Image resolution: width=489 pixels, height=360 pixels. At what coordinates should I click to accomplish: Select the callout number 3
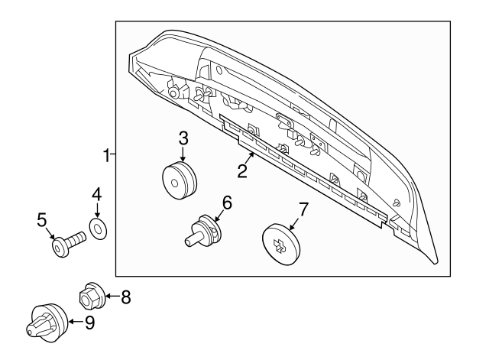point(183,138)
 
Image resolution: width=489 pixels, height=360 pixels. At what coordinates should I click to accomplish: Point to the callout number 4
point(97,196)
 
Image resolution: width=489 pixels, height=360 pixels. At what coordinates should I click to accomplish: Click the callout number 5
point(42,221)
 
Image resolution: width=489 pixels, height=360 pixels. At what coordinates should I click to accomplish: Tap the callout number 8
point(125,297)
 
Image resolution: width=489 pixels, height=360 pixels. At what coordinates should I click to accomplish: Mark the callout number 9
point(89,323)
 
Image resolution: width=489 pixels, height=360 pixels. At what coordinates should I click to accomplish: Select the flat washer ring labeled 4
point(98,228)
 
